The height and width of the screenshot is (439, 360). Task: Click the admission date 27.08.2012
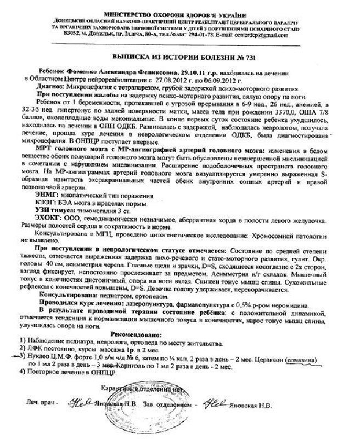click(164, 80)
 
